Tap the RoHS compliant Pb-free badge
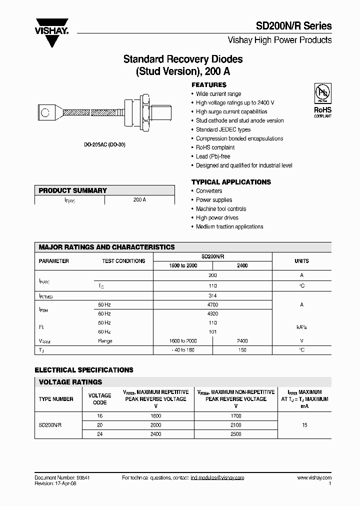[322, 100]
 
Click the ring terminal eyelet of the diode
[46, 112]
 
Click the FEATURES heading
[209, 85]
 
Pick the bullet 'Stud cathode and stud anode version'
[239, 120]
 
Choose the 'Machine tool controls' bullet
[221, 209]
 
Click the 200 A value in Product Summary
[139, 199]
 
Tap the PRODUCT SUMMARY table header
[73, 190]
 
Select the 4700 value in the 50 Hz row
[212, 304]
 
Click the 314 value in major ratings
[212, 295]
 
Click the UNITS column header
[301, 261]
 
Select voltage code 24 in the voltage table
[99, 434]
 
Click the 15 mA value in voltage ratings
[305, 425]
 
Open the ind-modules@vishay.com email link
[217, 478]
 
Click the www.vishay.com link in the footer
[314, 478]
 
